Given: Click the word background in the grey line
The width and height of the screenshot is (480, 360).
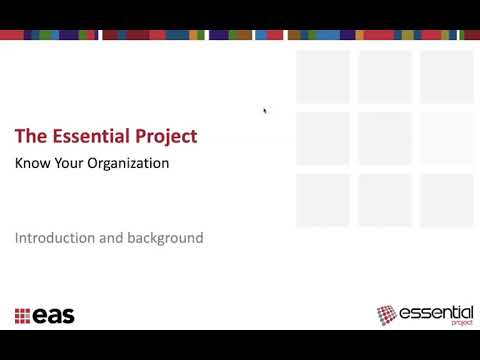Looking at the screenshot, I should tap(164, 238).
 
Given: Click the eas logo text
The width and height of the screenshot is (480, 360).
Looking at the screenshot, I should tap(54, 317).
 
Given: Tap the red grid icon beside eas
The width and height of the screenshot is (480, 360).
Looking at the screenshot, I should tap(22, 317).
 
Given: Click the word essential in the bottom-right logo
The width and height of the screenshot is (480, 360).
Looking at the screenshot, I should tap(432, 313).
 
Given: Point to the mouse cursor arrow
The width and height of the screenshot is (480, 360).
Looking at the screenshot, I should tap(264, 110).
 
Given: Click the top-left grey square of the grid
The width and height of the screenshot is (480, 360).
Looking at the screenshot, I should tap(322, 77).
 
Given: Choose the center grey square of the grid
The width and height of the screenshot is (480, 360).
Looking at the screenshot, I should tap(385, 138).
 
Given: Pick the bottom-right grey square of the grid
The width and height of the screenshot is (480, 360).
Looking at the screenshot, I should tap(446, 199).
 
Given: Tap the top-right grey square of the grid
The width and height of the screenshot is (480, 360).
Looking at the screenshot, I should tap(446, 77).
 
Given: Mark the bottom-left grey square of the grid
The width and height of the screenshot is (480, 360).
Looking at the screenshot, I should tap(322, 199).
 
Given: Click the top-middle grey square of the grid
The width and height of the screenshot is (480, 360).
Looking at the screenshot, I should tap(385, 77).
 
